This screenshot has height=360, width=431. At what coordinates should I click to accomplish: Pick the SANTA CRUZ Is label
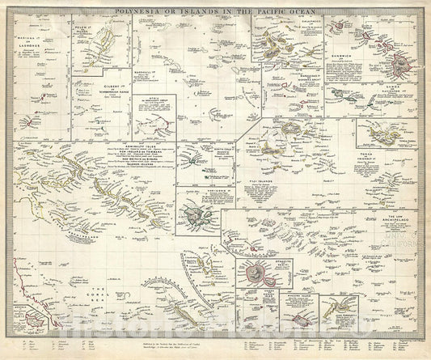click(200, 161)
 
